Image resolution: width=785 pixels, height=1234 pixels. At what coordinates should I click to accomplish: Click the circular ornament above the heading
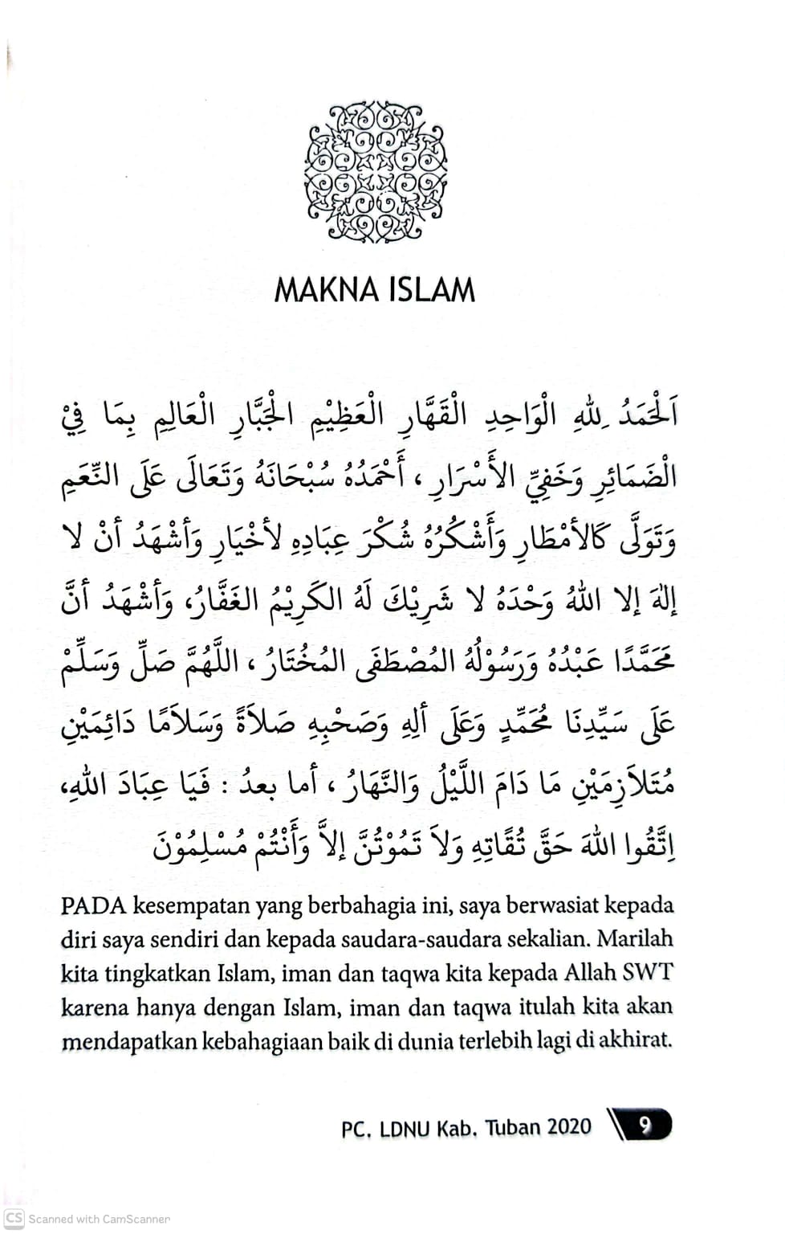pos(375,171)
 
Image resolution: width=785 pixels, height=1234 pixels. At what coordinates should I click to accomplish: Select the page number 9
pos(644,1126)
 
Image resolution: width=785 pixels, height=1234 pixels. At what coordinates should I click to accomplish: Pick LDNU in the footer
pos(405,1128)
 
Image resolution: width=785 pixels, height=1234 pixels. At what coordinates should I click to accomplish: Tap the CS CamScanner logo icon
pos(14,1218)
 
